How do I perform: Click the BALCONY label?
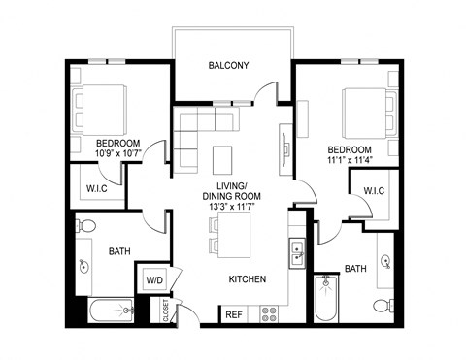229,66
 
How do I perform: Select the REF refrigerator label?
234,314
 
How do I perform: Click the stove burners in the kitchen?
269,313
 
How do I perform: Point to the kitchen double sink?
295,254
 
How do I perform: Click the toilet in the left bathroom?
85,225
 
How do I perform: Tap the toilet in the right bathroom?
380,305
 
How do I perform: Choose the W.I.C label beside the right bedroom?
374,190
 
